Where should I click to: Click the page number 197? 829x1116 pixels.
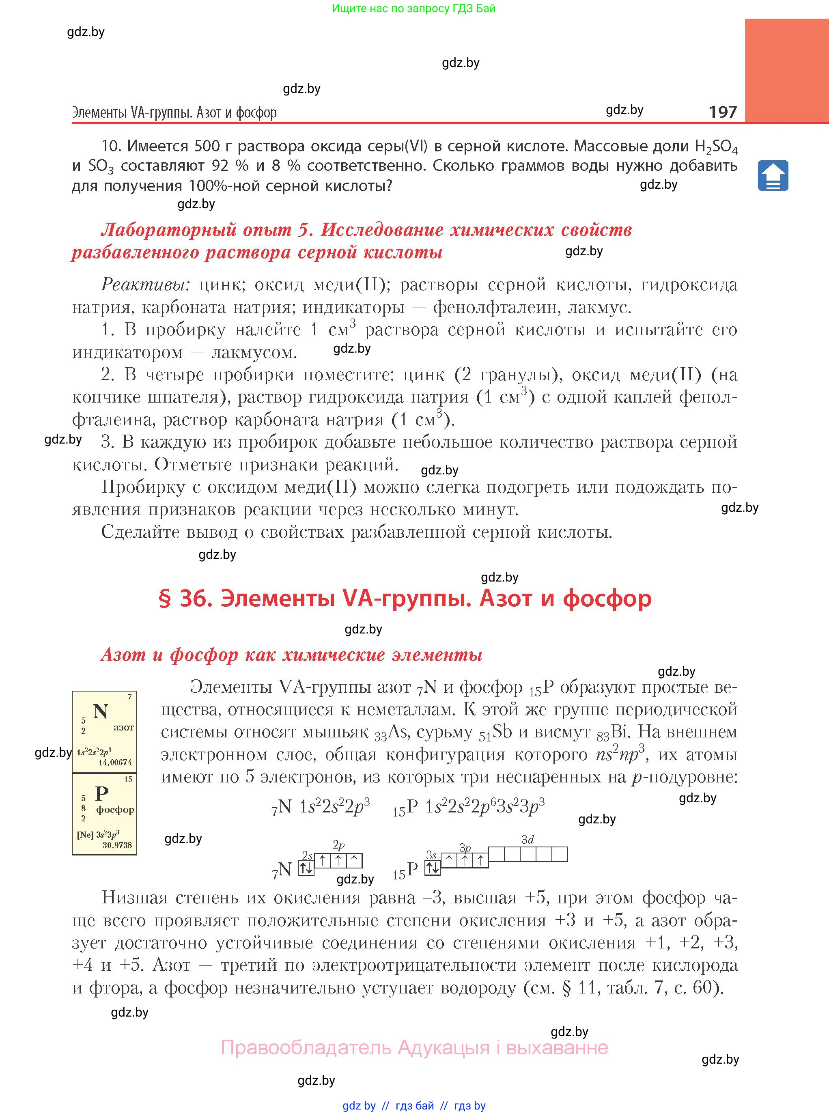[723, 112]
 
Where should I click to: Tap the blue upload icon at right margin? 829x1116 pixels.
[773, 176]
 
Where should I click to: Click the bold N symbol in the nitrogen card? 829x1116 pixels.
[100, 711]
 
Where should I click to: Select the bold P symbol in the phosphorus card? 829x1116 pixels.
[102, 794]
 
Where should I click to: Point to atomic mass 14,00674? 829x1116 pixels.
[115, 763]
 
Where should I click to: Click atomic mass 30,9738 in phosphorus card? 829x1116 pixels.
[117, 845]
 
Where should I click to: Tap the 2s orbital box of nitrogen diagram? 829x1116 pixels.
[306, 868]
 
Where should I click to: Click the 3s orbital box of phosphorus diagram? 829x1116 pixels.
[432, 868]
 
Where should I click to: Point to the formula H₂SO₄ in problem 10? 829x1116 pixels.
[716, 147]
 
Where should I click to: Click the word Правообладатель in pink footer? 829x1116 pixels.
[306, 1048]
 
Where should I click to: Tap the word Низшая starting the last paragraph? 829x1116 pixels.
[134, 897]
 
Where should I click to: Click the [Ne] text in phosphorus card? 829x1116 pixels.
[85, 835]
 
